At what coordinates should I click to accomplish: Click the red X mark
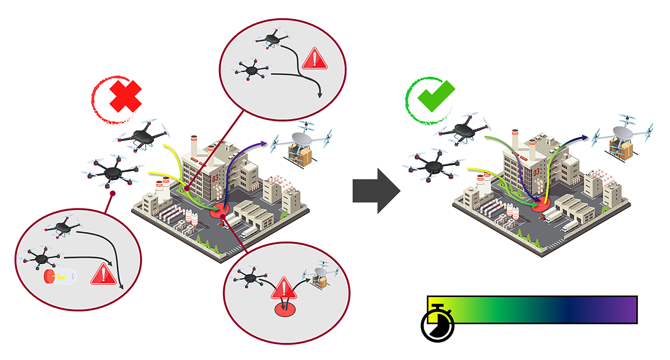pos(125,96)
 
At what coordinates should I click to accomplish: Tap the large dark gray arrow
pos(376,191)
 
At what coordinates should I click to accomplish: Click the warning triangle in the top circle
pos(315,59)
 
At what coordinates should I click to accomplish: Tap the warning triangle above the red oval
pos(284,289)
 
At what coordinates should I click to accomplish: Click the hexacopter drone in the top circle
pos(252,69)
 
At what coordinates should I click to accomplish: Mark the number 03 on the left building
pos(215,178)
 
